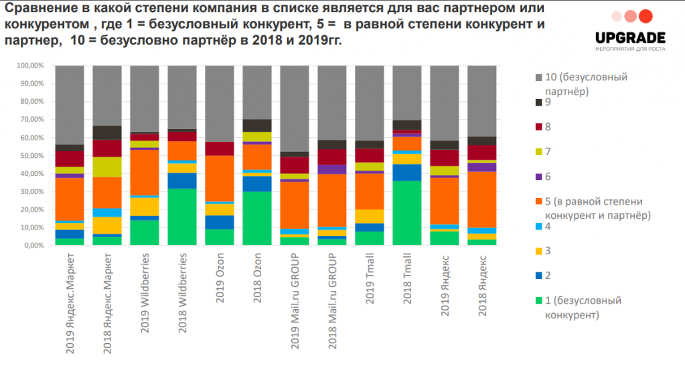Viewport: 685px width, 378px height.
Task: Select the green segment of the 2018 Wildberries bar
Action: coord(182,217)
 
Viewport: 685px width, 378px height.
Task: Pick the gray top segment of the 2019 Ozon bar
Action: coord(220,104)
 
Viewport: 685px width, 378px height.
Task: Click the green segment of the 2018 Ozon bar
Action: coord(257,218)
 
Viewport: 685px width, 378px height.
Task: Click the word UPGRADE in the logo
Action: coord(630,38)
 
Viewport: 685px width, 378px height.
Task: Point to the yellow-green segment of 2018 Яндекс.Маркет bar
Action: coord(107,167)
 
